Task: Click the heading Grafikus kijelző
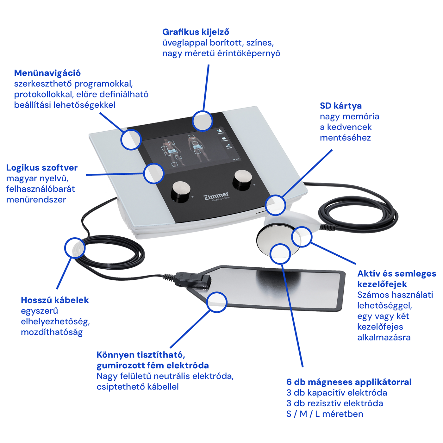[196, 32]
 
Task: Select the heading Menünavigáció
[47, 73]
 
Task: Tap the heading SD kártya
[340, 106]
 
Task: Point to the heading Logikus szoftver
[42, 168]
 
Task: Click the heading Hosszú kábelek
[55, 300]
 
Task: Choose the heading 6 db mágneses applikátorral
[349, 382]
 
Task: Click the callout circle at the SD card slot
[275, 205]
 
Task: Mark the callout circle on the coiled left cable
[75, 248]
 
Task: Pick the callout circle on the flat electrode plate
[217, 302]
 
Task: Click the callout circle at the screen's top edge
[202, 121]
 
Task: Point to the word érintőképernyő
[249, 53]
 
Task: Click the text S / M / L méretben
[325, 414]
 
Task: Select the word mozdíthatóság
[52, 332]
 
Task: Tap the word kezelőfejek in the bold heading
[382, 284]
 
